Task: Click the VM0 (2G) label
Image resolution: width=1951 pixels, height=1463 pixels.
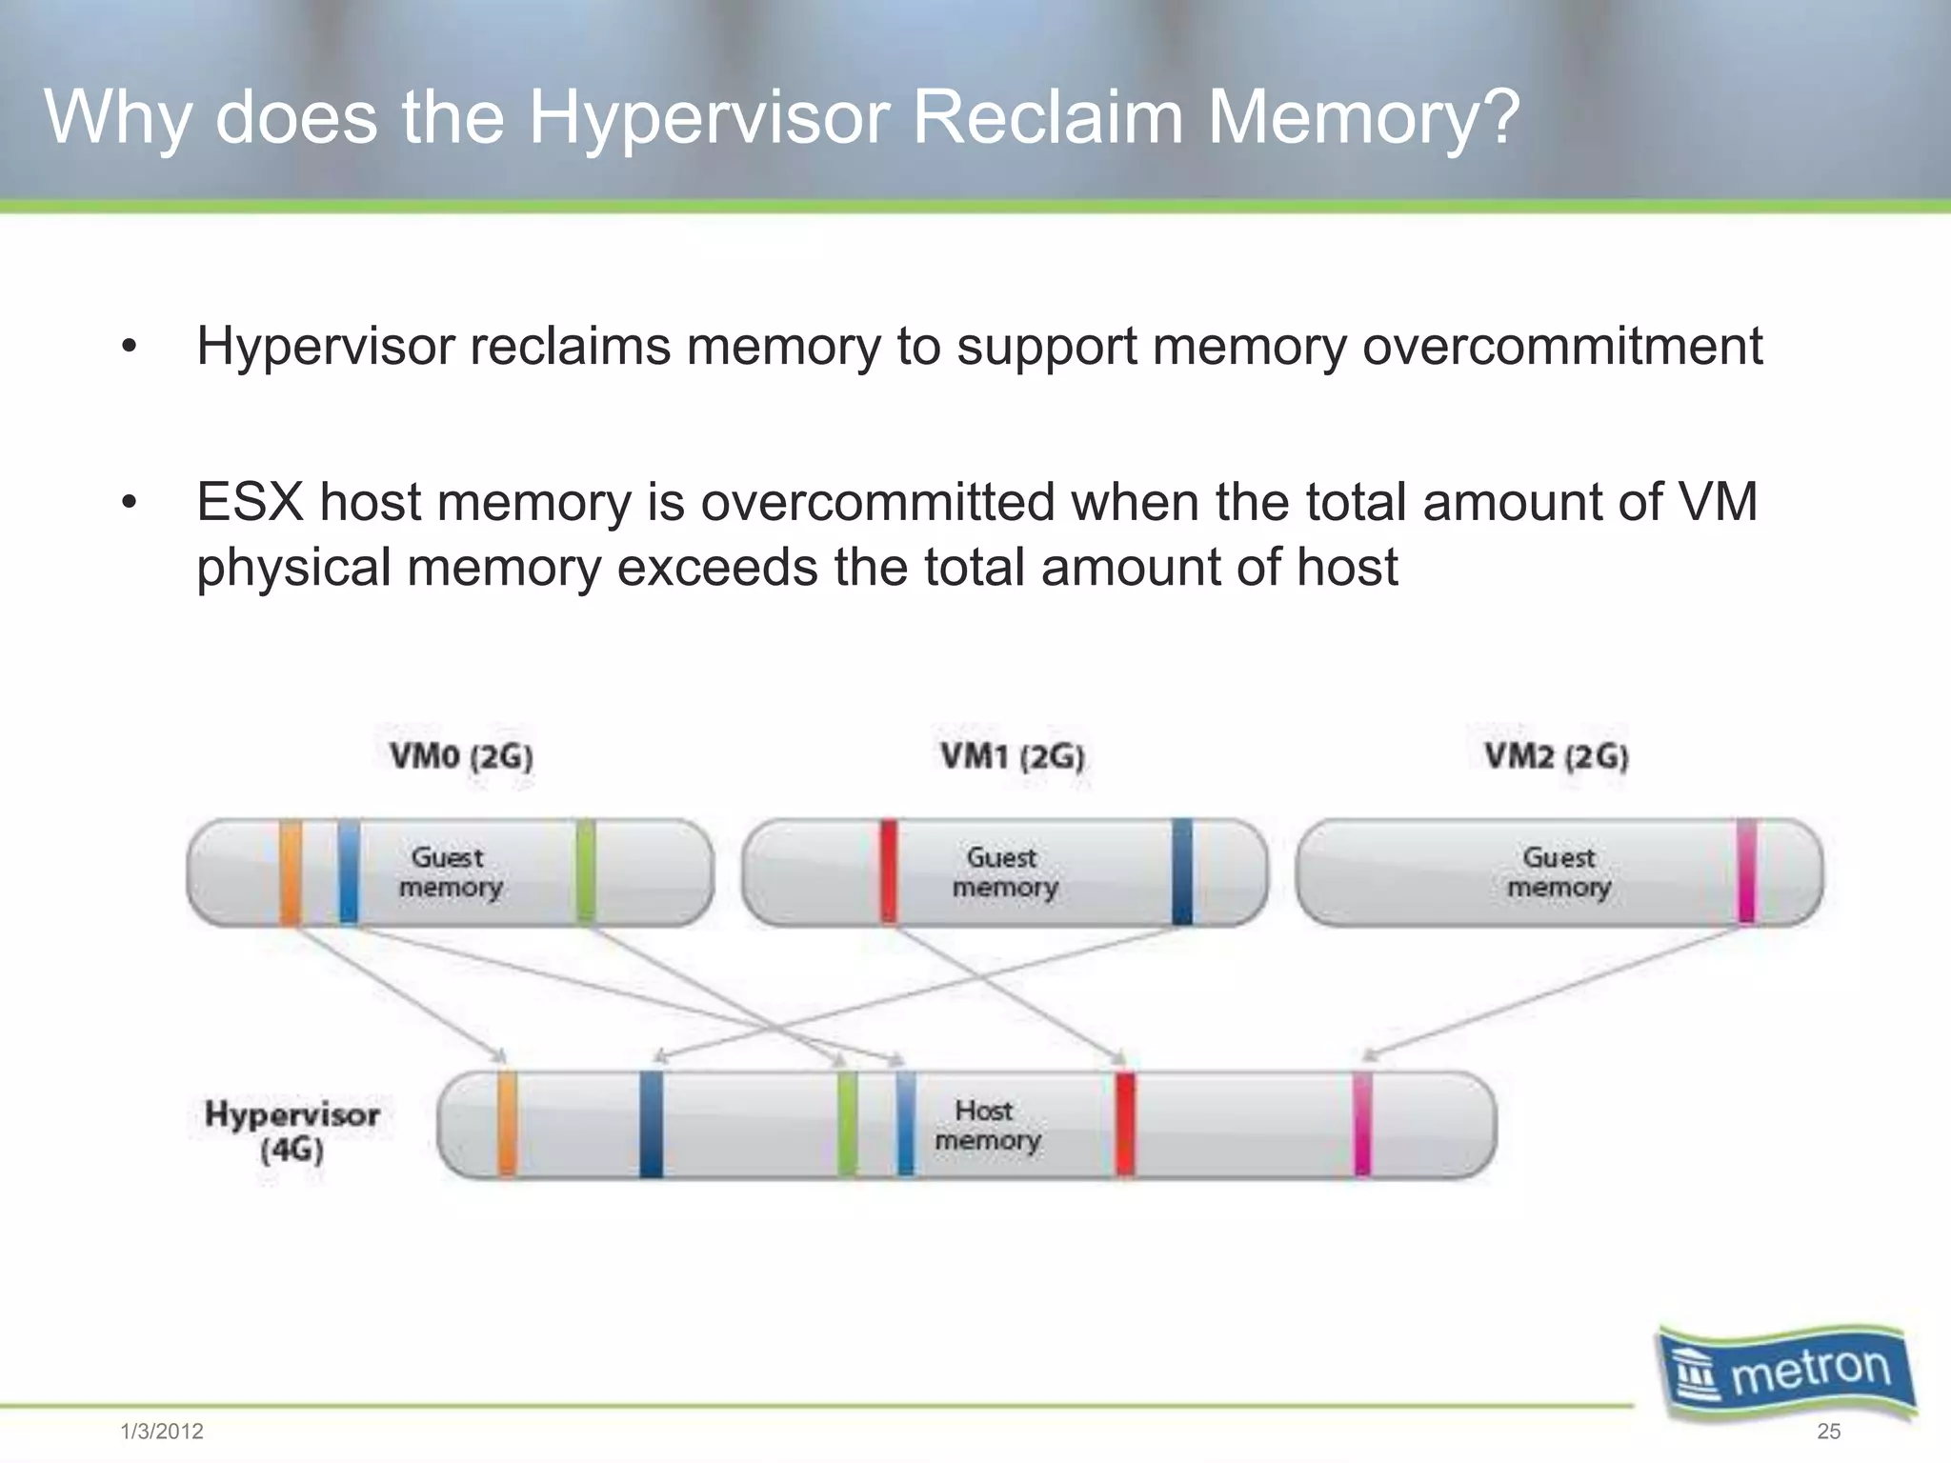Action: [461, 757]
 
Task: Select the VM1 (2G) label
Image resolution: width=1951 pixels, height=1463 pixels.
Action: [1012, 757]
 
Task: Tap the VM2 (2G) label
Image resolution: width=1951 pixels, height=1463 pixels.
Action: [1557, 757]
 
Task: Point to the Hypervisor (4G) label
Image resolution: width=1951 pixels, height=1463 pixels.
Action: [292, 1131]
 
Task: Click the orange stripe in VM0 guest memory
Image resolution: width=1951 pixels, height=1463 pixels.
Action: [291, 872]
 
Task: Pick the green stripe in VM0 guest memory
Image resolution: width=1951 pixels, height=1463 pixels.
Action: [586, 872]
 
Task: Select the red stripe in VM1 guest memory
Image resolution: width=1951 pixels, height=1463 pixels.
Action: [889, 872]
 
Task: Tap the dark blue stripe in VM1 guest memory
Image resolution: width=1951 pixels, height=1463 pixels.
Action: [1182, 872]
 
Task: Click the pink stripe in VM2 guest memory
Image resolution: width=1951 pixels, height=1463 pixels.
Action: [1746, 872]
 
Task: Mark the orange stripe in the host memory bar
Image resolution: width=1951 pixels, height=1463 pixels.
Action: [508, 1125]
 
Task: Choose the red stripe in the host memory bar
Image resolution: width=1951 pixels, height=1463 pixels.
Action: [1125, 1125]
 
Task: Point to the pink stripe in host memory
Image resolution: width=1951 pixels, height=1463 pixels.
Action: [1363, 1125]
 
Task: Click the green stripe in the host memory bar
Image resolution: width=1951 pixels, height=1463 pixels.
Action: [847, 1125]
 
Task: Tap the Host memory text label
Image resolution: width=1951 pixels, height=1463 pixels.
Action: [987, 1125]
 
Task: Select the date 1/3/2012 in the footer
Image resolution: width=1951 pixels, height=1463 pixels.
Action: [162, 1432]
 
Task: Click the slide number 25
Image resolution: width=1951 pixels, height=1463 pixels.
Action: [1828, 1432]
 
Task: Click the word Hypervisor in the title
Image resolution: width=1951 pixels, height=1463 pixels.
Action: [709, 118]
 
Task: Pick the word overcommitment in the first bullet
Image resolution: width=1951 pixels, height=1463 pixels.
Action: [1562, 346]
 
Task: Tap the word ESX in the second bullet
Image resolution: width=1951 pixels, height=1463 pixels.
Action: [250, 502]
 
